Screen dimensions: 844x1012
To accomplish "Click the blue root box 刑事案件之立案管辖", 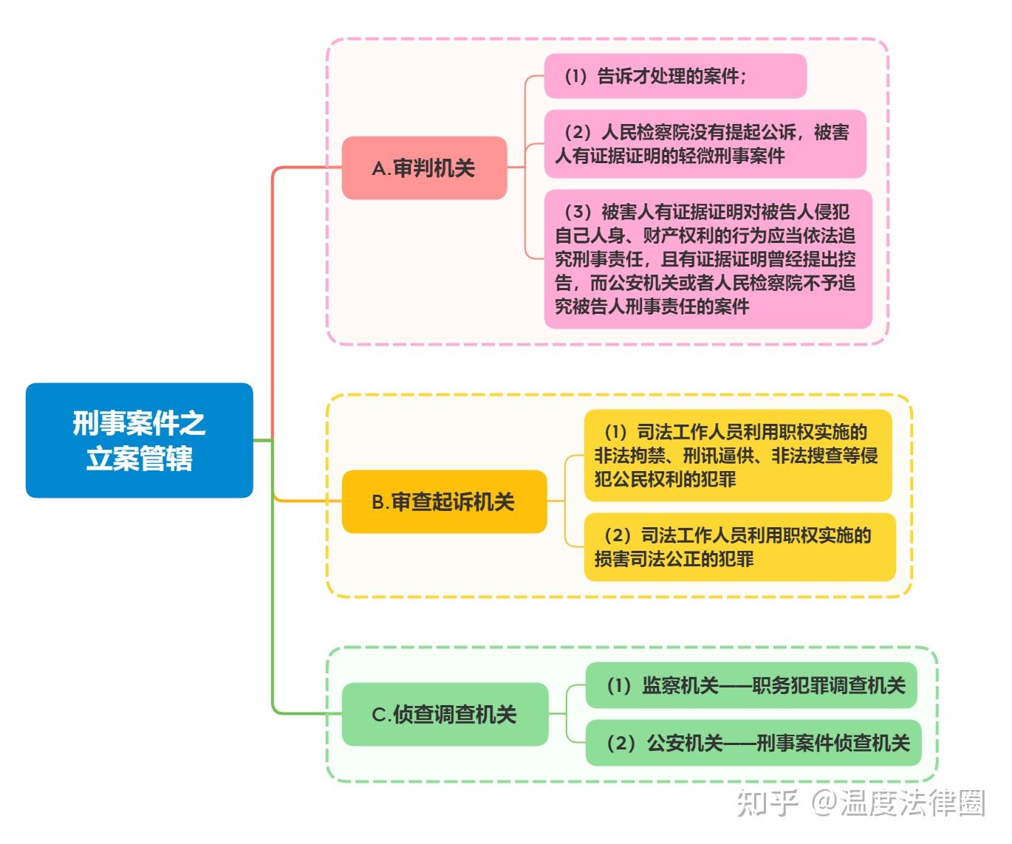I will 139,440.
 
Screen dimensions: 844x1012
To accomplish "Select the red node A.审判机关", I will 424,168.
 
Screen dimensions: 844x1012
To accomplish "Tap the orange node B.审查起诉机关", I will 444,502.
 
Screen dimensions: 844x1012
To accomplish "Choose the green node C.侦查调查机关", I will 445,714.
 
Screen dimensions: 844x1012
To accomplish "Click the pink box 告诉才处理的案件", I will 674,76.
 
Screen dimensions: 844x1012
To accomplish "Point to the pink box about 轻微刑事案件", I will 705,144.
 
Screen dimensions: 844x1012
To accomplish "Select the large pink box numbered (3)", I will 708,259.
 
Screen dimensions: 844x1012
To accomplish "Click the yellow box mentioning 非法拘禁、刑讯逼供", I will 737,456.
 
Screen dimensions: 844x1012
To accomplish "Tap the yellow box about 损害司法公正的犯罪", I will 739,547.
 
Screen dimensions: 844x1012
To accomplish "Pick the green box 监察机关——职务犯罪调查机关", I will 751,686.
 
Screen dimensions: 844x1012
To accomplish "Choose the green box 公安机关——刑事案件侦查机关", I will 753,743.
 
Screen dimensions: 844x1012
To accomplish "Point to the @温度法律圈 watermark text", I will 898,803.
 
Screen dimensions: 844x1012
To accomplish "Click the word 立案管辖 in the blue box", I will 139,459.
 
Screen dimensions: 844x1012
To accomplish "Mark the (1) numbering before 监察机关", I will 618,686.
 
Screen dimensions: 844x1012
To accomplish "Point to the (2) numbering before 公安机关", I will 620,743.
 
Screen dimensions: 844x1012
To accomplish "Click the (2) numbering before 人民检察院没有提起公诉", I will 578,133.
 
